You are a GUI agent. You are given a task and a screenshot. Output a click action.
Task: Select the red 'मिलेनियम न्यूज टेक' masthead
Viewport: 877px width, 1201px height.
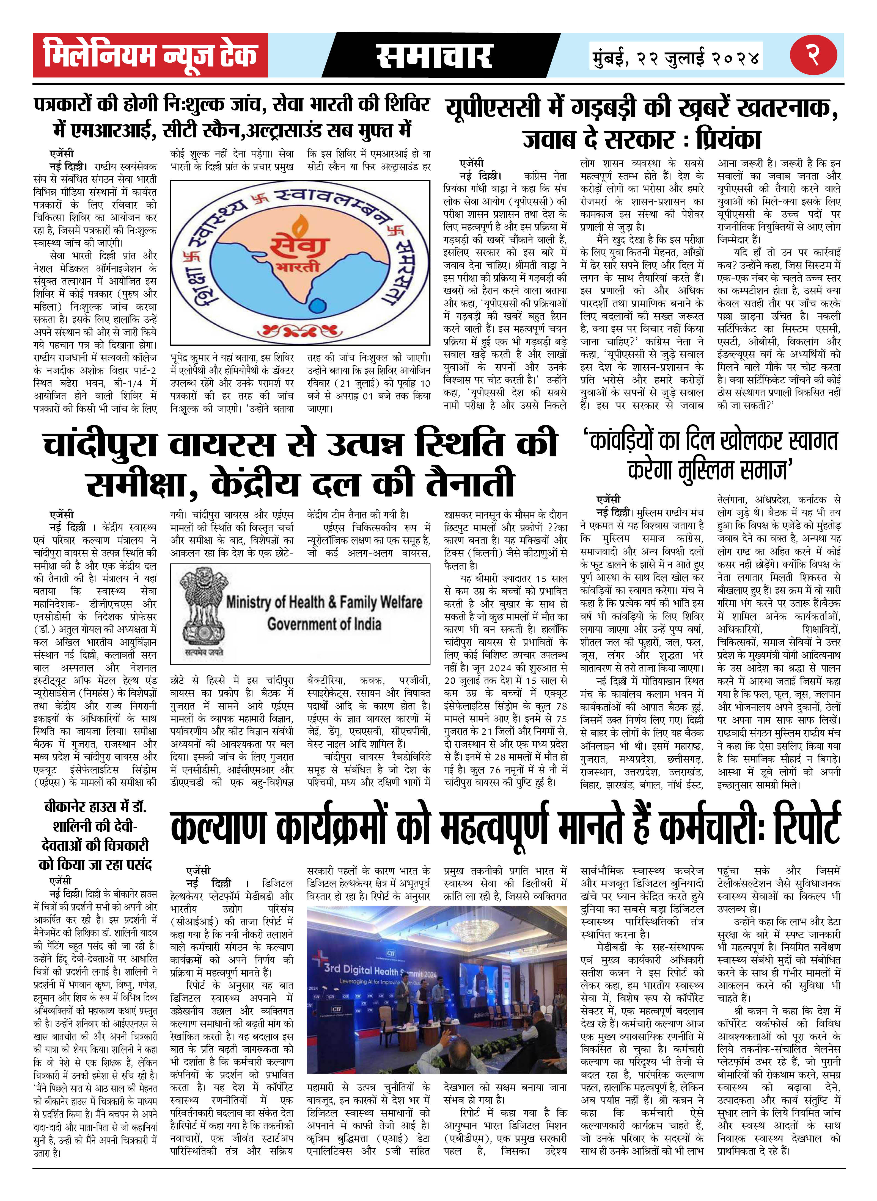(x=150, y=55)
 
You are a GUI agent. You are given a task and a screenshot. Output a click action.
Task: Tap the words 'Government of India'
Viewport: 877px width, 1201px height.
(x=324, y=624)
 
